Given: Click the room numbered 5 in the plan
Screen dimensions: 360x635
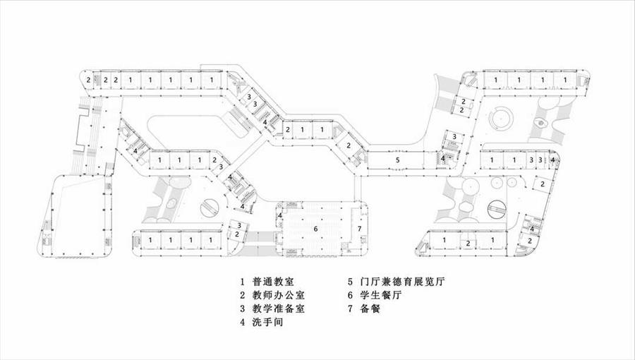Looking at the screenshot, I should pyautogui.click(x=398, y=161).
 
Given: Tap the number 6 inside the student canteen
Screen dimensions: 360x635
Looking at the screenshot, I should pyautogui.click(x=316, y=229).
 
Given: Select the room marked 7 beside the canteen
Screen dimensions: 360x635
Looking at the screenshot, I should pyautogui.click(x=359, y=229).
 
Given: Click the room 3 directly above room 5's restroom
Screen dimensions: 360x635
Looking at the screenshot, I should pyautogui.click(x=455, y=136).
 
